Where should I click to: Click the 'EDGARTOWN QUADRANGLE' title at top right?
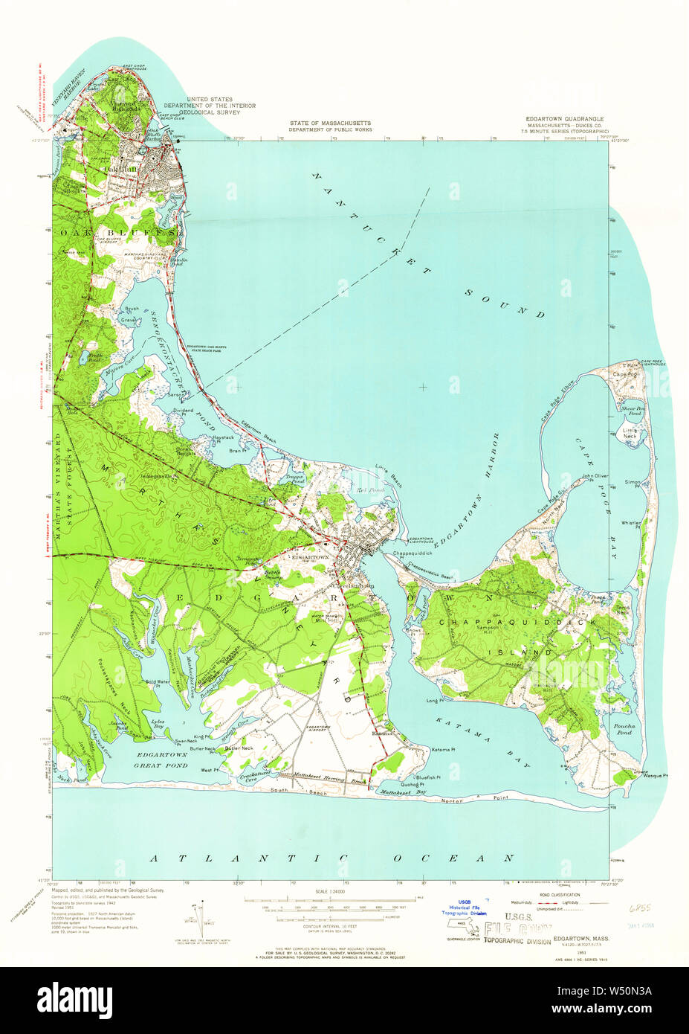pos(564,119)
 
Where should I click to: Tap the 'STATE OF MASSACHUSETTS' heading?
pos(330,123)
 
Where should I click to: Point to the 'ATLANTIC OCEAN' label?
pos(331,858)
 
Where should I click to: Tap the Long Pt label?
pos(434,700)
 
